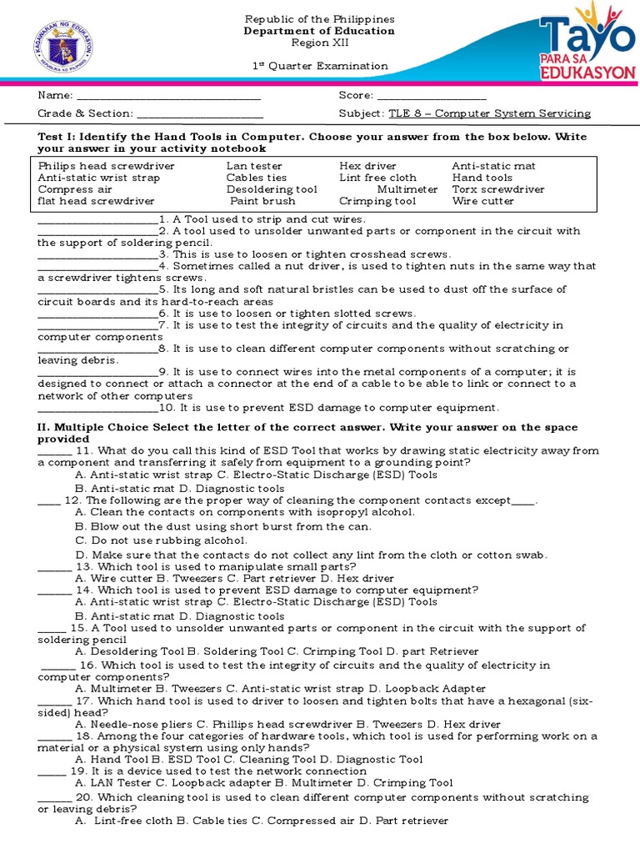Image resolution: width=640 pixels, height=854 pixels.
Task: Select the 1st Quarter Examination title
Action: pyautogui.click(x=321, y=66)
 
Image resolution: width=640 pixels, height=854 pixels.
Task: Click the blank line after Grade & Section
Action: pyautogui.click(x=199, y=114)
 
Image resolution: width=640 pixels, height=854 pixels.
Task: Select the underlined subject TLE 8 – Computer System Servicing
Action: pyautogui.click(x=487, y=113)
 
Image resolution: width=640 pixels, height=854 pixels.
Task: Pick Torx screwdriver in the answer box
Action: pyautogui.click(x=497, y=189)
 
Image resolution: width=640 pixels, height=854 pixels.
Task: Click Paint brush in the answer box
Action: pyautogui.click(x=262, y=201)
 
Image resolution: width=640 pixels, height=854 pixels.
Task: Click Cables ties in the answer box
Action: pyautogui.click(x=257, y=178)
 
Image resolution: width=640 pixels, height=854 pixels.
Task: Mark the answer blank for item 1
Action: pyautogui.click(x=97, y=219)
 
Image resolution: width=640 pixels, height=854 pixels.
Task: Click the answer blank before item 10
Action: pyautogui.click(x=97, y=409)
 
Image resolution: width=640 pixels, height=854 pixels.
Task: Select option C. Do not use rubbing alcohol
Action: pyautogui.click(x=161, y=540)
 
